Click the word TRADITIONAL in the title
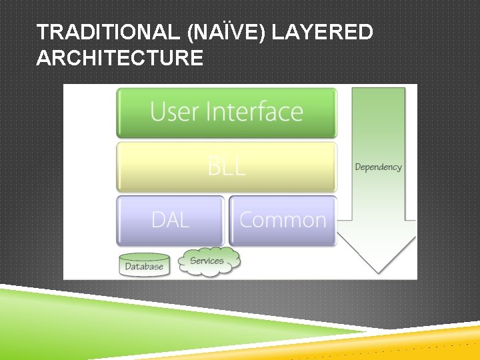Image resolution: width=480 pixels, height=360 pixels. point(107,32)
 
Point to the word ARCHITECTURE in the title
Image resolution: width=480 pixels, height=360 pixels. point(120,59)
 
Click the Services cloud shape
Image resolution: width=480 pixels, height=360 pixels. point(209,260)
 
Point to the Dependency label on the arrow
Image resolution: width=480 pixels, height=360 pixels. point(378,167)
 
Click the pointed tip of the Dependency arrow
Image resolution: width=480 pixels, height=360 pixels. point(377,269)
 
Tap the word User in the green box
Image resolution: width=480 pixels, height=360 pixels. point(175,111)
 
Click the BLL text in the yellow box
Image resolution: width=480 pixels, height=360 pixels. point(227,165)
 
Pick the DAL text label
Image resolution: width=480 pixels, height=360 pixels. point(170,220)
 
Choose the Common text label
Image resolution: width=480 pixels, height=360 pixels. point(283,220)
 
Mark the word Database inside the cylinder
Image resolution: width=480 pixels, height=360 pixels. point(144,267)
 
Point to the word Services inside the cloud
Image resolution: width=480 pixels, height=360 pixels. point(207,260)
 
